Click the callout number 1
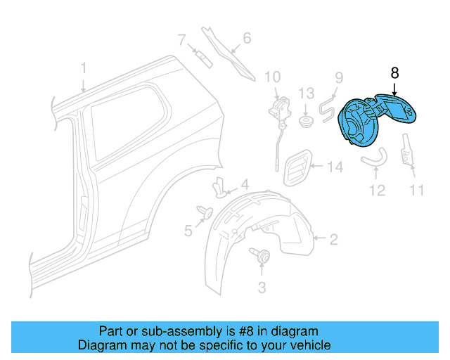[x=83, y=68]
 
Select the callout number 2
[x=333, y=240]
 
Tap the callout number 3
[x=262, y=287]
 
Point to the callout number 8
[x=394, y=72]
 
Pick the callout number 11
[x=417, y=189]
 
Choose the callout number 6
[x=246, y=38]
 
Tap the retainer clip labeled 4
[x=221, y=188]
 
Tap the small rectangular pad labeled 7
[x=202, y=56]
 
